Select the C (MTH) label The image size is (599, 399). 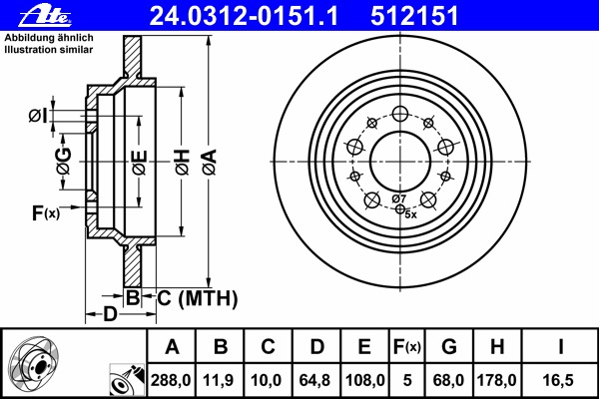coord(196,297)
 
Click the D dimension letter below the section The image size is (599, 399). coord(112,315)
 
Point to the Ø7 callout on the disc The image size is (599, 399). coord(398,199)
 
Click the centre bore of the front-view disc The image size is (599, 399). coord(399,159)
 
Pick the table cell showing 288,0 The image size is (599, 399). coord(172,380)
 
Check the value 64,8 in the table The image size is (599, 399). coord(316,380)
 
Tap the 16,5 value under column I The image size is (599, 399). coord(562,380)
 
